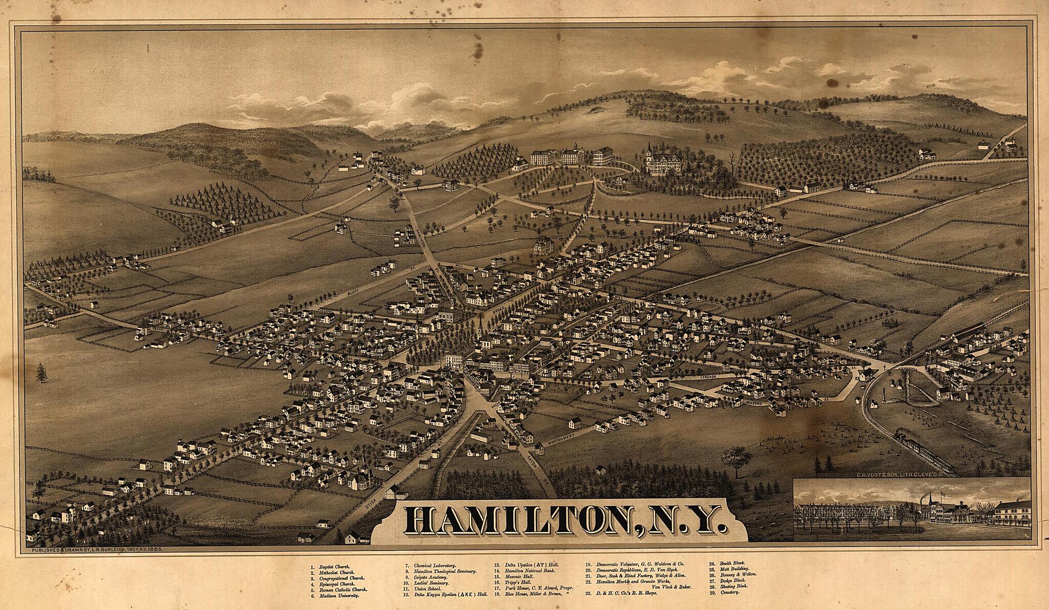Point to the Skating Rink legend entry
click(x=738, y=586)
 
